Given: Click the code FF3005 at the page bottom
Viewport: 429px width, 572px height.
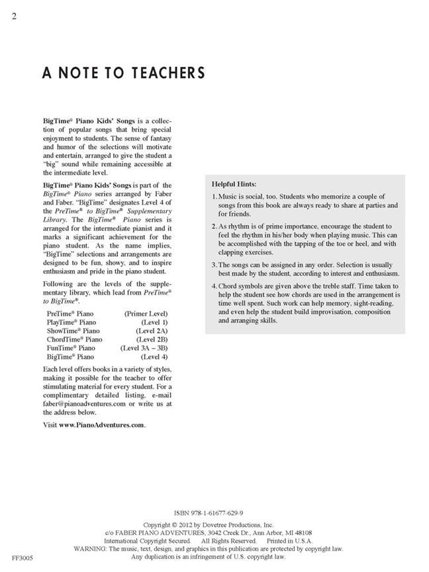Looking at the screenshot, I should pos(23,558).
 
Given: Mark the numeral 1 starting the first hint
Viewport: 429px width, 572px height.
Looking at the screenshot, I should pos(214,197).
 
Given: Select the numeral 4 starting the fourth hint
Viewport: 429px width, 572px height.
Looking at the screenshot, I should pos(214,286).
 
